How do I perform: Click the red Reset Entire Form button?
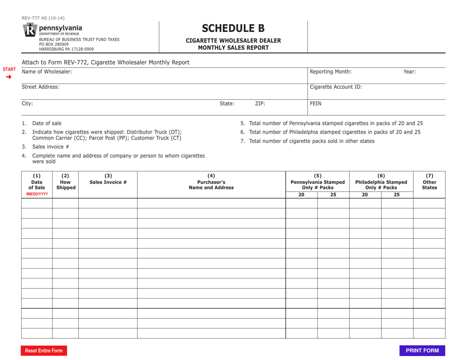click(x=44, y=351)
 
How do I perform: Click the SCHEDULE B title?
click(x=233, y=28)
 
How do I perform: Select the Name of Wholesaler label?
click(x=47, y=72)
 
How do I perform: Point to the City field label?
click(x=28, y=104)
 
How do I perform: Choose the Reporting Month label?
click(x=330, y=72)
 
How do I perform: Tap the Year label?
click(x=409, y=72)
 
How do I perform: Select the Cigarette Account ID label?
click(x=336, y=87)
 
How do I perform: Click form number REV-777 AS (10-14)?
click(x=43, y=18)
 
